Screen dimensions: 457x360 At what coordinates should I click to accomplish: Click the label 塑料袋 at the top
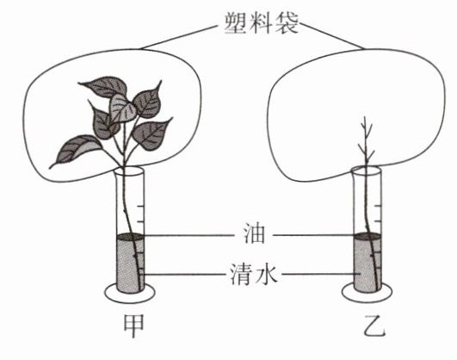(261, 23)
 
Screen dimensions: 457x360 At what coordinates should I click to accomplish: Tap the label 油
(255, 234)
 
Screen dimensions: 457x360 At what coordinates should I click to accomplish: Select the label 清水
(254, 274)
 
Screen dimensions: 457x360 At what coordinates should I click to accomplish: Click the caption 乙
(374, 326)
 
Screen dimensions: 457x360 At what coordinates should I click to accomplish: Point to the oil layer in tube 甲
(130, 236)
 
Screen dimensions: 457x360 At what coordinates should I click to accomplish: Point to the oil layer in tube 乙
(367, 236)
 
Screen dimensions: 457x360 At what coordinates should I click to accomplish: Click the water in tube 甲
(128, 265)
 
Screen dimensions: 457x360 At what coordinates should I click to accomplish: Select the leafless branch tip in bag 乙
(366, 140)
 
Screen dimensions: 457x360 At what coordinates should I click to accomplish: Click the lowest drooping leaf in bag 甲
(75, 149)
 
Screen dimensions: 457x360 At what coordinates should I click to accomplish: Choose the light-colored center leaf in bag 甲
(121, 109)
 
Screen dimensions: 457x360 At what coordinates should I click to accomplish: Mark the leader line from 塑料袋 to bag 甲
(179, 37)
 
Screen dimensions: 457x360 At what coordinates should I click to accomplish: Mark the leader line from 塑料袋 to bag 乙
(332, 36)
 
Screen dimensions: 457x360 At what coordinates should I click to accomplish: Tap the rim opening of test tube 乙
(367, 170)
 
